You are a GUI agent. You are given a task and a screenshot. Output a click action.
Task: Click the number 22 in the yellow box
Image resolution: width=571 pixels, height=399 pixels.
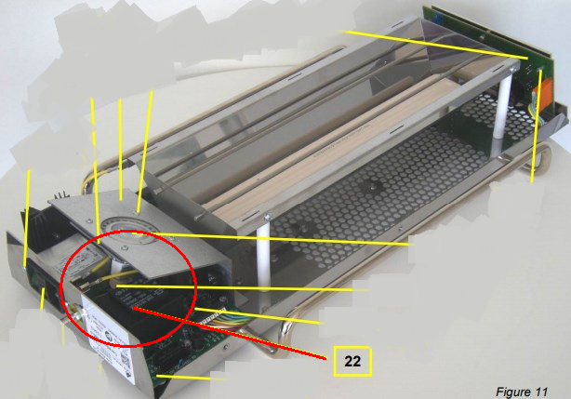coord(352,361)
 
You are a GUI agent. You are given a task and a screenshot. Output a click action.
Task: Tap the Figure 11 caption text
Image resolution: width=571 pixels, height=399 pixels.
coord(522,392)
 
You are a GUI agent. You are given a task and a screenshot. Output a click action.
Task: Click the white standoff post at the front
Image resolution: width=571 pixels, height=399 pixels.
coord(264,256)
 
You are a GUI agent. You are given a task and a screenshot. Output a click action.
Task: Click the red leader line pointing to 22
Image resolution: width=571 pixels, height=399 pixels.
coord(230,333)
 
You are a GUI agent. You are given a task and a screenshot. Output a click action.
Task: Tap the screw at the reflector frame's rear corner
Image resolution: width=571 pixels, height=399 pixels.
coord(512,68)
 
